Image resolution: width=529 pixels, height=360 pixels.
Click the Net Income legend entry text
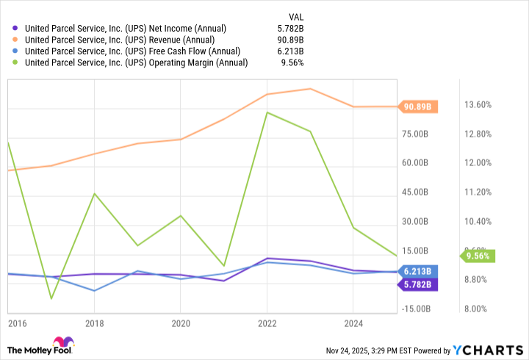(x=126, y=29)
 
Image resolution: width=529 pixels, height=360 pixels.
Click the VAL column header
(x=295, y=15)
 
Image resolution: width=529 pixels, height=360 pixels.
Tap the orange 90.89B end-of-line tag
(x=418, y=107)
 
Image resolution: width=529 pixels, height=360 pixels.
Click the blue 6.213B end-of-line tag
(x=418, y=271)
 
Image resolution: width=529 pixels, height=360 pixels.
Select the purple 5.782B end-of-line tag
(x=418, y=284)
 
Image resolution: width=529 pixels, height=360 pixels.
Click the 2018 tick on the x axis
(x=93, y=323)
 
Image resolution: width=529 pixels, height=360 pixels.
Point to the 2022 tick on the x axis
(x=267, y=323)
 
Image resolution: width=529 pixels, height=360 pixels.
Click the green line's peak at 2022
(x=267, y=112)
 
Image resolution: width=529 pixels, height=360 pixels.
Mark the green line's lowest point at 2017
(x=51, y=298)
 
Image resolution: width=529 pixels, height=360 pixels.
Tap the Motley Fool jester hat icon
(x=64, y=344)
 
